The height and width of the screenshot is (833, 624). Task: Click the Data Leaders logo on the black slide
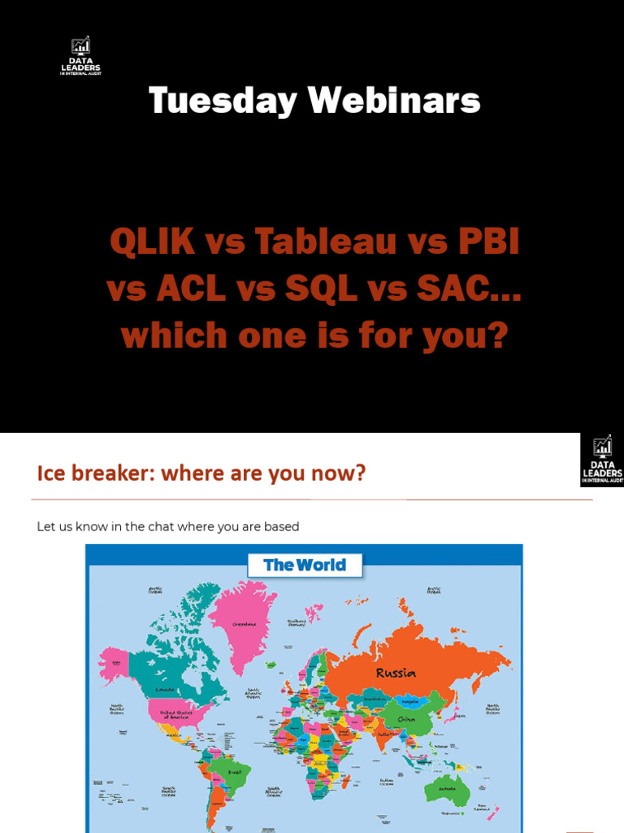(80, 56)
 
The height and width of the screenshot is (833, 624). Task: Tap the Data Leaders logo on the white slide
(602, 460)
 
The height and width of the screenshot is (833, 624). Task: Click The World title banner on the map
(305, 565)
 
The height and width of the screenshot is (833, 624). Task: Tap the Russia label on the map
(396, 673)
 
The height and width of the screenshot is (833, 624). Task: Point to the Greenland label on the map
(245, 624)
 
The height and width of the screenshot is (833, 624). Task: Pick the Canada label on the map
(165, 690)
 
